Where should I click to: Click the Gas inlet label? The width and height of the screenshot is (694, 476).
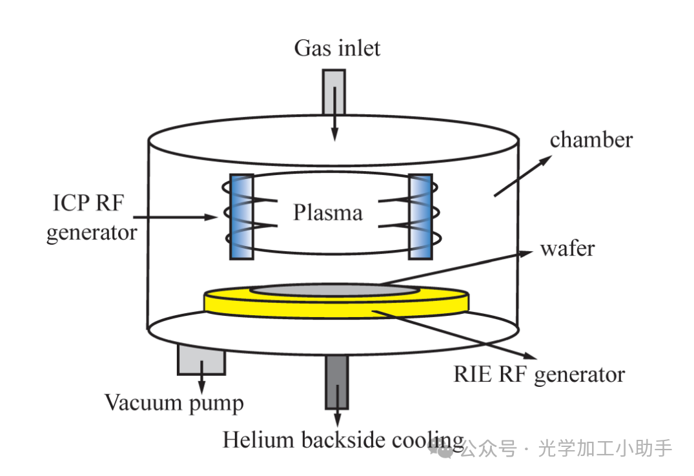(337, 48)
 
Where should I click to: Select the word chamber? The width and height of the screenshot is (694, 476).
(591, 140)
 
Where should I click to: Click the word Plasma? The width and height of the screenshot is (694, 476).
(327, 212)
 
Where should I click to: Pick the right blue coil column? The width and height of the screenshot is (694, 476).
(420, 216)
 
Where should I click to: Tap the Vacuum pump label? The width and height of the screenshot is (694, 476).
(174, 403)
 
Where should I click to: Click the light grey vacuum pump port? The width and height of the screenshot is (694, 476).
(201, 358)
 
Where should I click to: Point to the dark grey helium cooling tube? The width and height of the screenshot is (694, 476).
(336, 381)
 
